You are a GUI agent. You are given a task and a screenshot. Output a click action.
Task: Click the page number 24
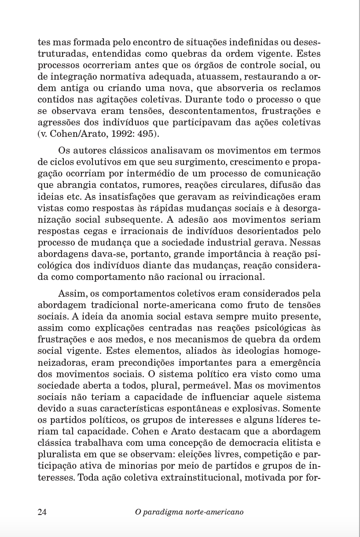click(42, 512)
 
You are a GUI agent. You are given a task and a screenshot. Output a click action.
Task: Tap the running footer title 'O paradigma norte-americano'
click(189, 512)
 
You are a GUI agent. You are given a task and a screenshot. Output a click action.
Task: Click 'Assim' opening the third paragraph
click(70, 294)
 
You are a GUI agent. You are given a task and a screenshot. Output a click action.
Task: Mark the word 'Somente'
click(304, 408)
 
